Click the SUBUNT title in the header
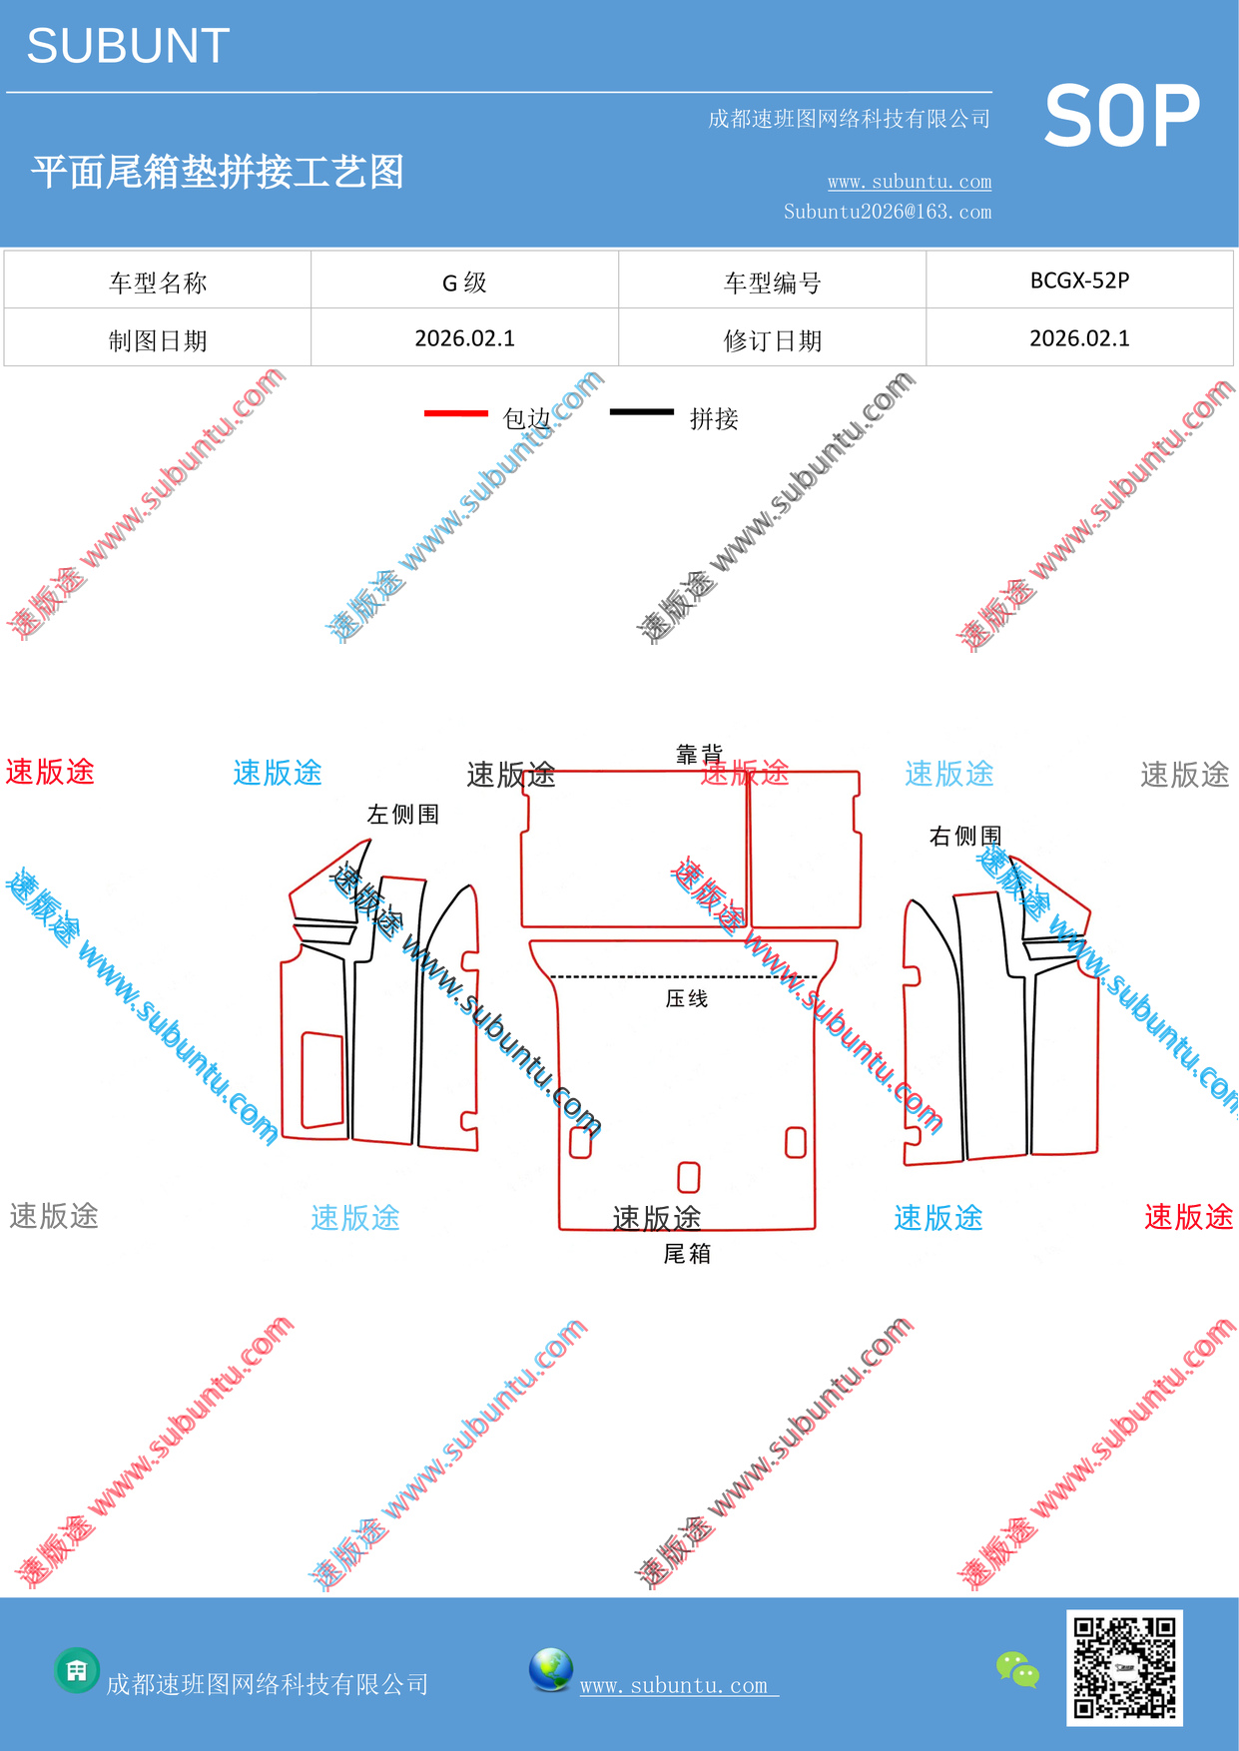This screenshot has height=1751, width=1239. (x=128, y=46)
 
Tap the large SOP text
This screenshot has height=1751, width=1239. (x=1121, y=117)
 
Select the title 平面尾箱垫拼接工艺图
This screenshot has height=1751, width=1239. (x=218, y=172)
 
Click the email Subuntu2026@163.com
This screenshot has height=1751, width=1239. (x=888, y=212)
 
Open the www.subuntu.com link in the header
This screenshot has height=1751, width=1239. (x=910, y=182)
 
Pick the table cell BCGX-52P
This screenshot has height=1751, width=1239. (x=1079, y=281)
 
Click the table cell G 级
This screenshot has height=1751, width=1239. (x=464, y=283)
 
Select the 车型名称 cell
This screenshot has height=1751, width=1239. (x=158, y=284)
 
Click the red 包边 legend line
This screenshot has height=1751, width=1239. (x=456, y=413)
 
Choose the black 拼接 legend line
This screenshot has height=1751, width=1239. (x=642, y=411)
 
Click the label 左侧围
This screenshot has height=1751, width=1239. (x=403, y=815)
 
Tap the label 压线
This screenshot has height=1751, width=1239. (x=687, y=998)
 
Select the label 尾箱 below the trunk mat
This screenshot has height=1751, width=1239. (x=687, y=1254)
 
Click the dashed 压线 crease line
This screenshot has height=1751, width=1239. (x=685, y=976)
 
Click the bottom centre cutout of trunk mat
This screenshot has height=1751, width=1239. (x=689, y=1177)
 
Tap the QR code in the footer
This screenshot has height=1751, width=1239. (x=1124, y=1667)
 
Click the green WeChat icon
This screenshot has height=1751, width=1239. (x=1018, y=1670)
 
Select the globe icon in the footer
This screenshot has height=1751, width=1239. (x=551, y=1670)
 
